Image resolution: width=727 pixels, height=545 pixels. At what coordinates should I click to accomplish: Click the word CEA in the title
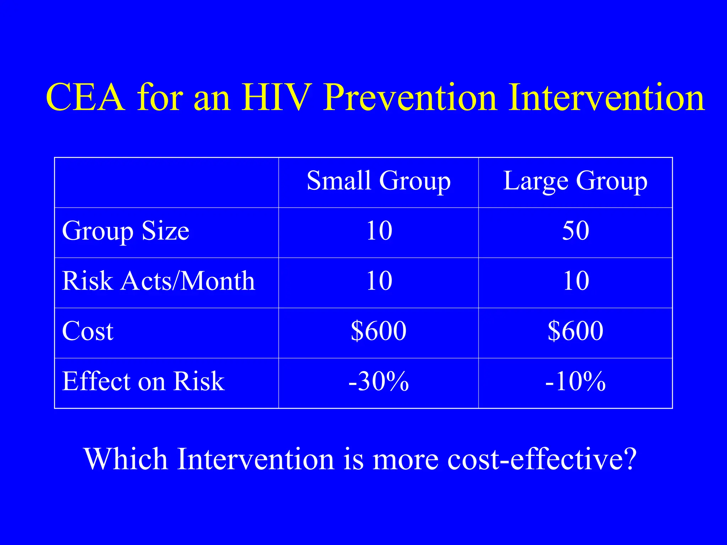coord(86,97)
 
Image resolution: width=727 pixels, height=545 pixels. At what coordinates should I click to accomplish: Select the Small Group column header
coord(378,181)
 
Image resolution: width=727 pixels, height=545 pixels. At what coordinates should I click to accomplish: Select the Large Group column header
coord(575,181)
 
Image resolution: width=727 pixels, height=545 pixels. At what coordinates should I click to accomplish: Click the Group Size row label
coord(125,231)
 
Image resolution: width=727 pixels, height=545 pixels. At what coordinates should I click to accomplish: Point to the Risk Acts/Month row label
coord(158,281)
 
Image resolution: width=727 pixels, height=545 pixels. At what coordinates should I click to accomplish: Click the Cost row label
coord(87,331)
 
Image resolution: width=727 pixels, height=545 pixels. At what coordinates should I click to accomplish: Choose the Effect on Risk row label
coord(143,381)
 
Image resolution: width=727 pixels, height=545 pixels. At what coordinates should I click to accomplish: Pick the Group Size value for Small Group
coord(379,231)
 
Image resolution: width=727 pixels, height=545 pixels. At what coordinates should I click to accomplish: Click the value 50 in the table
coord(575,231)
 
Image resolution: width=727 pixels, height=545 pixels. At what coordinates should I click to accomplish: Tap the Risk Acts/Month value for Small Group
coord(379,281)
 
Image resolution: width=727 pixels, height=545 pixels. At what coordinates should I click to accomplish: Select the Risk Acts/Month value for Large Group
coord(575,281)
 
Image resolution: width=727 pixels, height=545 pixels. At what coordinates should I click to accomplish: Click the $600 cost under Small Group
coord(378,331)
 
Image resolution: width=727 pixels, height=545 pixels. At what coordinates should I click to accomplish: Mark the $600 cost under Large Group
coord(575,331)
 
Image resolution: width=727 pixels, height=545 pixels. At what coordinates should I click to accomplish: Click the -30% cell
coord(378,381)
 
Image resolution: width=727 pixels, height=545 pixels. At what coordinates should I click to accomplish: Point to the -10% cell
coord(575,381)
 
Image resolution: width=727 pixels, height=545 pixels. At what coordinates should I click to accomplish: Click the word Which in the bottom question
coord(126,459)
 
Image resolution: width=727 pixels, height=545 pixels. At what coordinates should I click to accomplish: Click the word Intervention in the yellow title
coord(606,97)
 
